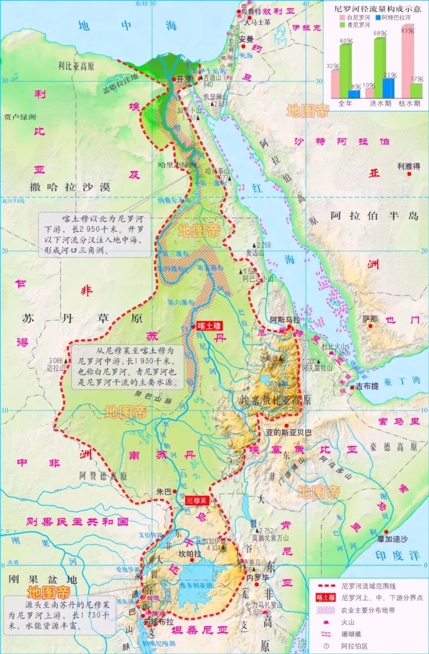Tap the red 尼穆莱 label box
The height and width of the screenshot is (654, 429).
[198, 501]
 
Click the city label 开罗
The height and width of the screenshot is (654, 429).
[184, 79]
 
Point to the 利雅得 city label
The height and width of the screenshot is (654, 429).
[408, 166]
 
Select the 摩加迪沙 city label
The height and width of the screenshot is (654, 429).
[392, 539]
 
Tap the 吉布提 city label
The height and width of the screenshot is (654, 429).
[367, 386]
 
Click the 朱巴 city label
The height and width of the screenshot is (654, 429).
[164, 492]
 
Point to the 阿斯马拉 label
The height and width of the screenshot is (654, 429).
[285, 320]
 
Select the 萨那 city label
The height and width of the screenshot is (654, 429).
[370, 319]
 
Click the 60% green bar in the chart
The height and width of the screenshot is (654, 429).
[345, 71]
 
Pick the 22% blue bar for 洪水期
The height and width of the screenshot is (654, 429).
[388, 88]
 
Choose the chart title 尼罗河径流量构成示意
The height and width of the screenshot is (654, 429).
[378, 8]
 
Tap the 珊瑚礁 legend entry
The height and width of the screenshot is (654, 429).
[351, 634]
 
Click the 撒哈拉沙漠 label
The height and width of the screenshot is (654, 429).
[70, 187]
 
